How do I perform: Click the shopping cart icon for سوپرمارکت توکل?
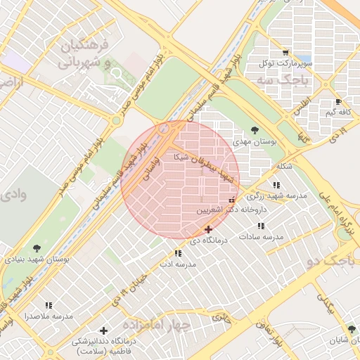pyautogui.click(x=285, y=52)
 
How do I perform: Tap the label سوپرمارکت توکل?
pyautogui.click(x=285, y=63)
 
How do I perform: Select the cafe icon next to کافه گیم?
pyautogui.click(x=339, y=101)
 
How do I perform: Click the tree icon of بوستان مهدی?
pyautogui.click(x=254, y=130)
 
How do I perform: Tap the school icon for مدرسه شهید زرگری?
pyautogui.click(x=266, y=185)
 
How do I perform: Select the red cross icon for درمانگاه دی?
pyautogui.click(x=208, y=229)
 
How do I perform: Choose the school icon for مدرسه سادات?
pyautogui.click(x=261, y=226)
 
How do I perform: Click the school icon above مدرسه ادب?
pyautogui.click(x=177, y=253)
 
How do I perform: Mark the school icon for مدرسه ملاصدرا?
pyautogui.click(x=49, y=305)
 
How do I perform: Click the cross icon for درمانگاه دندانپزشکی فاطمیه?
pyautogui.click(x=104, y=330)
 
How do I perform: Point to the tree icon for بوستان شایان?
pyautogui.click(x=351, y=329)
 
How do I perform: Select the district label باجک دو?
pyautogui.click(x=342, y=262)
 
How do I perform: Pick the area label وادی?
pyautogui.click(x=13, y=193)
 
